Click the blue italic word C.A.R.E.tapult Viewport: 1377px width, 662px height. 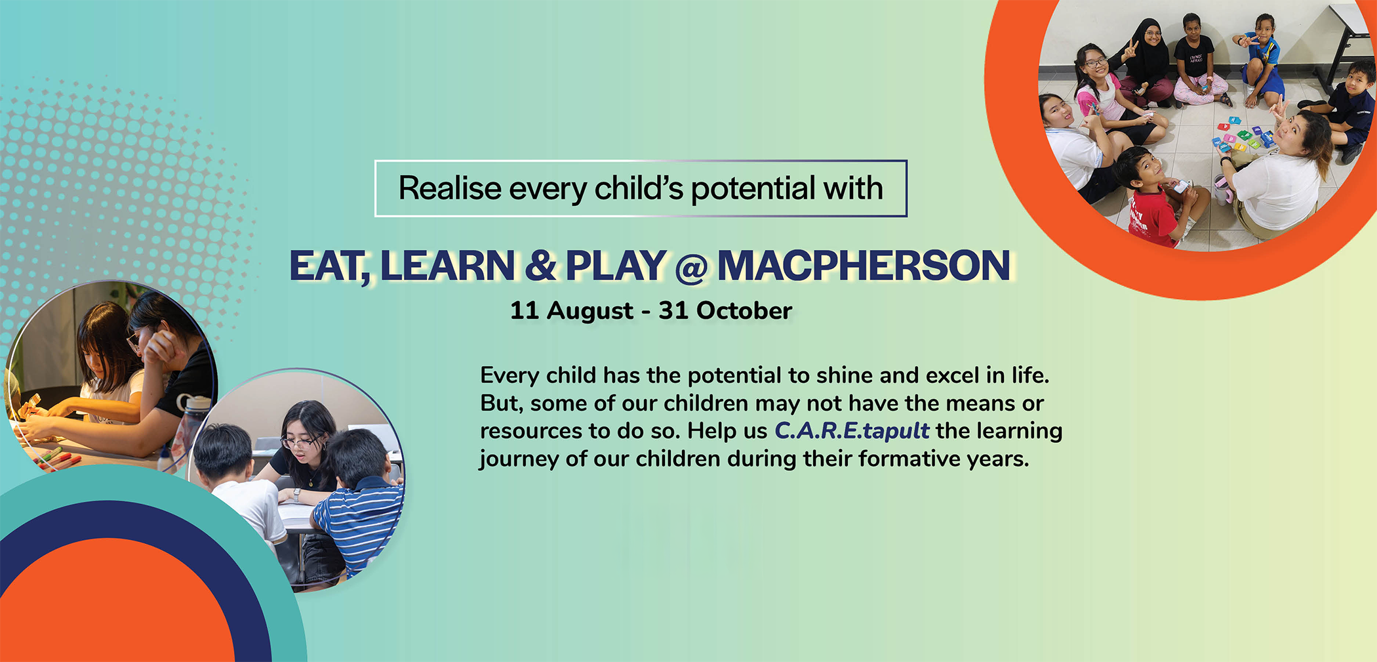tap(852, 431)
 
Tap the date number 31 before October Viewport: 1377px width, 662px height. tap(673, 310)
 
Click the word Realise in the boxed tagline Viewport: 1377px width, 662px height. tap(450, 188)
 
